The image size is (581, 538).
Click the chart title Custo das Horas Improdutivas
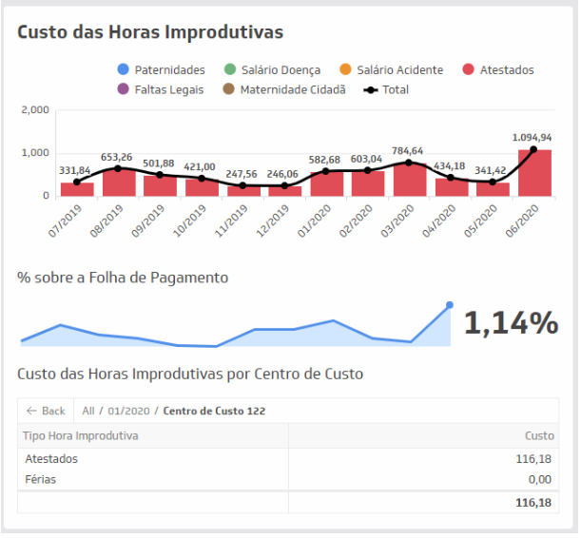pyautogui.click(x=150, y=32)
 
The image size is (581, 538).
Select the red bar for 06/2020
pyautogui.click(x=533, y=173)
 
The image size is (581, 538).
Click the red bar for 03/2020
pyautogui.click(x=409, y=180)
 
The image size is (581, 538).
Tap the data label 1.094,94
pyautogui.click(x=533, y=137)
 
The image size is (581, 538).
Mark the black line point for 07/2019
pyautogui.click(x=76, y=182)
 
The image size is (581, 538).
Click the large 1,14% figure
pyautogui.click(x=510, y=324)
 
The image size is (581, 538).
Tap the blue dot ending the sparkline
pyautogui.click(x=450, y=305)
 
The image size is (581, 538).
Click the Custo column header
pyautogui.click(x=539, y=436)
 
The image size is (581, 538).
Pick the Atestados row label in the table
pyautogui.click(x=51, y=459)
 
